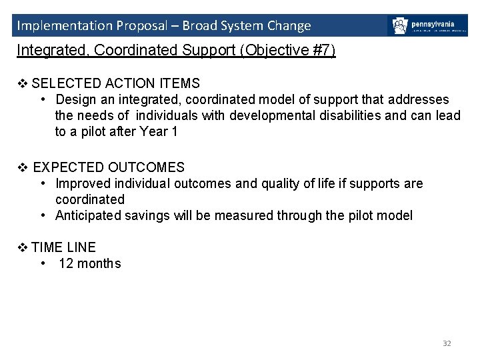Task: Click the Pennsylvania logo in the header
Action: [427, 26]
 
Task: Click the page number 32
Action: [447, 343]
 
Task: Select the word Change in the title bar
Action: [289, 26]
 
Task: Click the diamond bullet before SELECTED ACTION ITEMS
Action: [22, 83]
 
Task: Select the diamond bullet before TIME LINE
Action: [22, 247]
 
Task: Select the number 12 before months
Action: [66, 263]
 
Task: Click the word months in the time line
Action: [99, 263]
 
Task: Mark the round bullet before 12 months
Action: [43, 263]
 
